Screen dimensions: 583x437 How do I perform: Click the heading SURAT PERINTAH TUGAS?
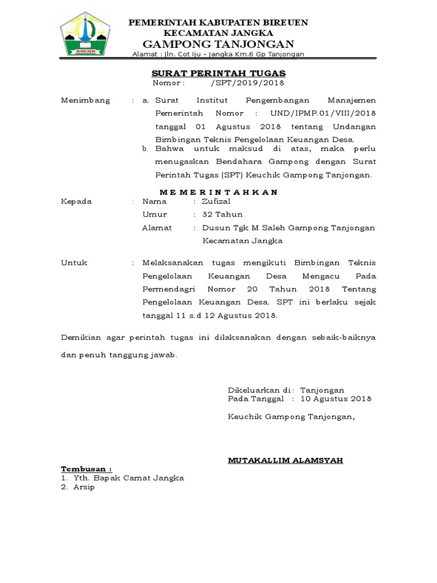(x=218, y=73)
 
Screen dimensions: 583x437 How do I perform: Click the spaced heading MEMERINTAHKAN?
(x=218, y=192)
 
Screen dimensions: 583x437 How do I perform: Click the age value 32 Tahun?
(x=218, y=215)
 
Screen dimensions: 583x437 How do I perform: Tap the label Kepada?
(x=76, y=202)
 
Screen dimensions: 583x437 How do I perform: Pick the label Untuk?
(x=74, y=262)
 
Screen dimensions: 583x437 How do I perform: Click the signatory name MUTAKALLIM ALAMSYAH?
(x=285, y=460)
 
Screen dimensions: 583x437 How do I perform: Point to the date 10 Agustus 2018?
(x=336, y=399)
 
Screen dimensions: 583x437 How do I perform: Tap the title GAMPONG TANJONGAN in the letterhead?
(x=218, y=44)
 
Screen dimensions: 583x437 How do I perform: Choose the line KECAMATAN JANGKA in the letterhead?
(x=218, y=33)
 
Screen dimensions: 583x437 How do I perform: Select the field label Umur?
(x=155, y=215)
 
